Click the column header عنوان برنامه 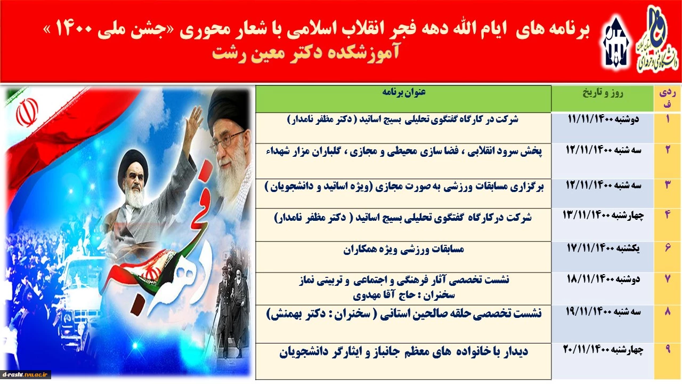point(404,92)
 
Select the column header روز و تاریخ point(603,93)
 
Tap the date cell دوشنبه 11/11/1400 point(603,119)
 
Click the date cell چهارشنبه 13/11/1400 point(603,215)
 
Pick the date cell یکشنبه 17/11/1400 point(603,248)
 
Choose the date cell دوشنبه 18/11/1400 point(603,279)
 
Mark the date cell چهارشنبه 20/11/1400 point(603,349)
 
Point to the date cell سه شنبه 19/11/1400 point(603,311)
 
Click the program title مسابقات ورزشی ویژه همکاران point(404,249)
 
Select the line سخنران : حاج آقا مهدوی point(404,294)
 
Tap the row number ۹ point(668,349)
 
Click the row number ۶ point(668,248)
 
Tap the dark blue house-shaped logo point(615,43)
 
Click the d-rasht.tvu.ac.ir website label point(25,374)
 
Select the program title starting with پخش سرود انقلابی point(404,151)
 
